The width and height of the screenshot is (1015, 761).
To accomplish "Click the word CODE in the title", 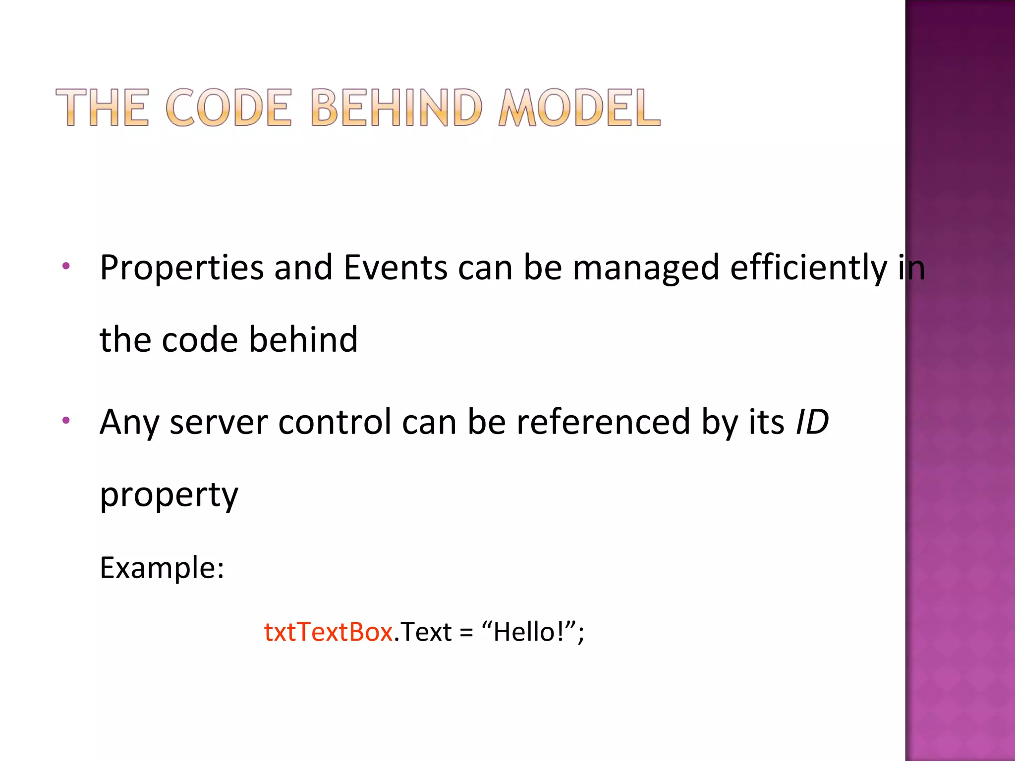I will [x=228, y=107].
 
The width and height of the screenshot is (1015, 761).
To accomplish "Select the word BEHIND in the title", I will [x=396, y=107].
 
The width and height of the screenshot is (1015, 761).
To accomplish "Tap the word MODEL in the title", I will [x=579, y=107].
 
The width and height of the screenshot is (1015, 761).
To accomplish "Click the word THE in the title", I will [x=102, y=107].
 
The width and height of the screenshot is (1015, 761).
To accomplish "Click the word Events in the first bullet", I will [x=395, y=268].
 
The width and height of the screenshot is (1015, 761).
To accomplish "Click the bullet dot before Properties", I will [x=66, y=267].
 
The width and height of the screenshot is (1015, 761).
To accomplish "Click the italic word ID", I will [x=812, y=423].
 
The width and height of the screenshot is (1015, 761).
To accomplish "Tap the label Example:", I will [x=162, y=568].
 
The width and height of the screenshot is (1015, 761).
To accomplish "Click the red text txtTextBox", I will [x=328, y=632].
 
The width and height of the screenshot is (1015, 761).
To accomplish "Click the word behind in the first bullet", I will [x=303, y=340].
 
